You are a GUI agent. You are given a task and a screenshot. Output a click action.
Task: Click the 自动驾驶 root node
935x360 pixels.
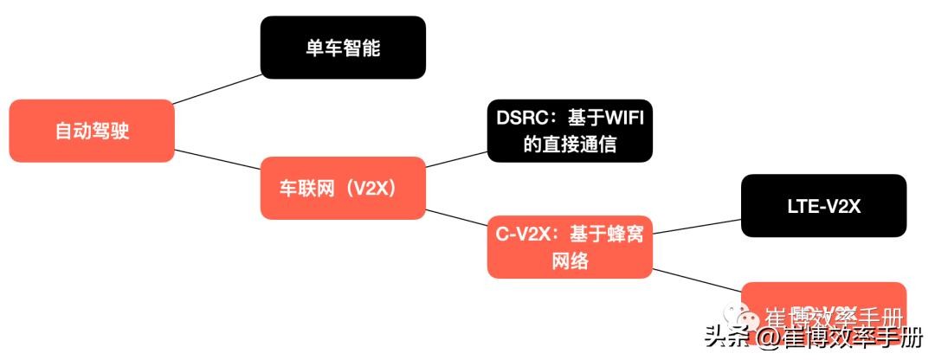(91, 131)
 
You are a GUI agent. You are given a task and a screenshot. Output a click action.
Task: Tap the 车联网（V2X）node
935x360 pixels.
(343, 188)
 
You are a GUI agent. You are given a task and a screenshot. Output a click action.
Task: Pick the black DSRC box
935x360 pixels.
(570, 131)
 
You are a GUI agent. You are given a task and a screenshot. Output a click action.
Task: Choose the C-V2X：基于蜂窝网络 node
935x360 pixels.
(570, 247)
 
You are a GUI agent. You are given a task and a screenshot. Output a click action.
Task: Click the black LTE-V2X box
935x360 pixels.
(823, 206)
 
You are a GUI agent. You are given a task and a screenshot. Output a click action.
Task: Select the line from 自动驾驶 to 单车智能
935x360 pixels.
(217, 88)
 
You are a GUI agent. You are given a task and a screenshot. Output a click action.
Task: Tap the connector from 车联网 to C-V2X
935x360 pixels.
(456, 218)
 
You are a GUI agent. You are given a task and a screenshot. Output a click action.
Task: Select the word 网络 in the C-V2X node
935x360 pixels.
(570, 261)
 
